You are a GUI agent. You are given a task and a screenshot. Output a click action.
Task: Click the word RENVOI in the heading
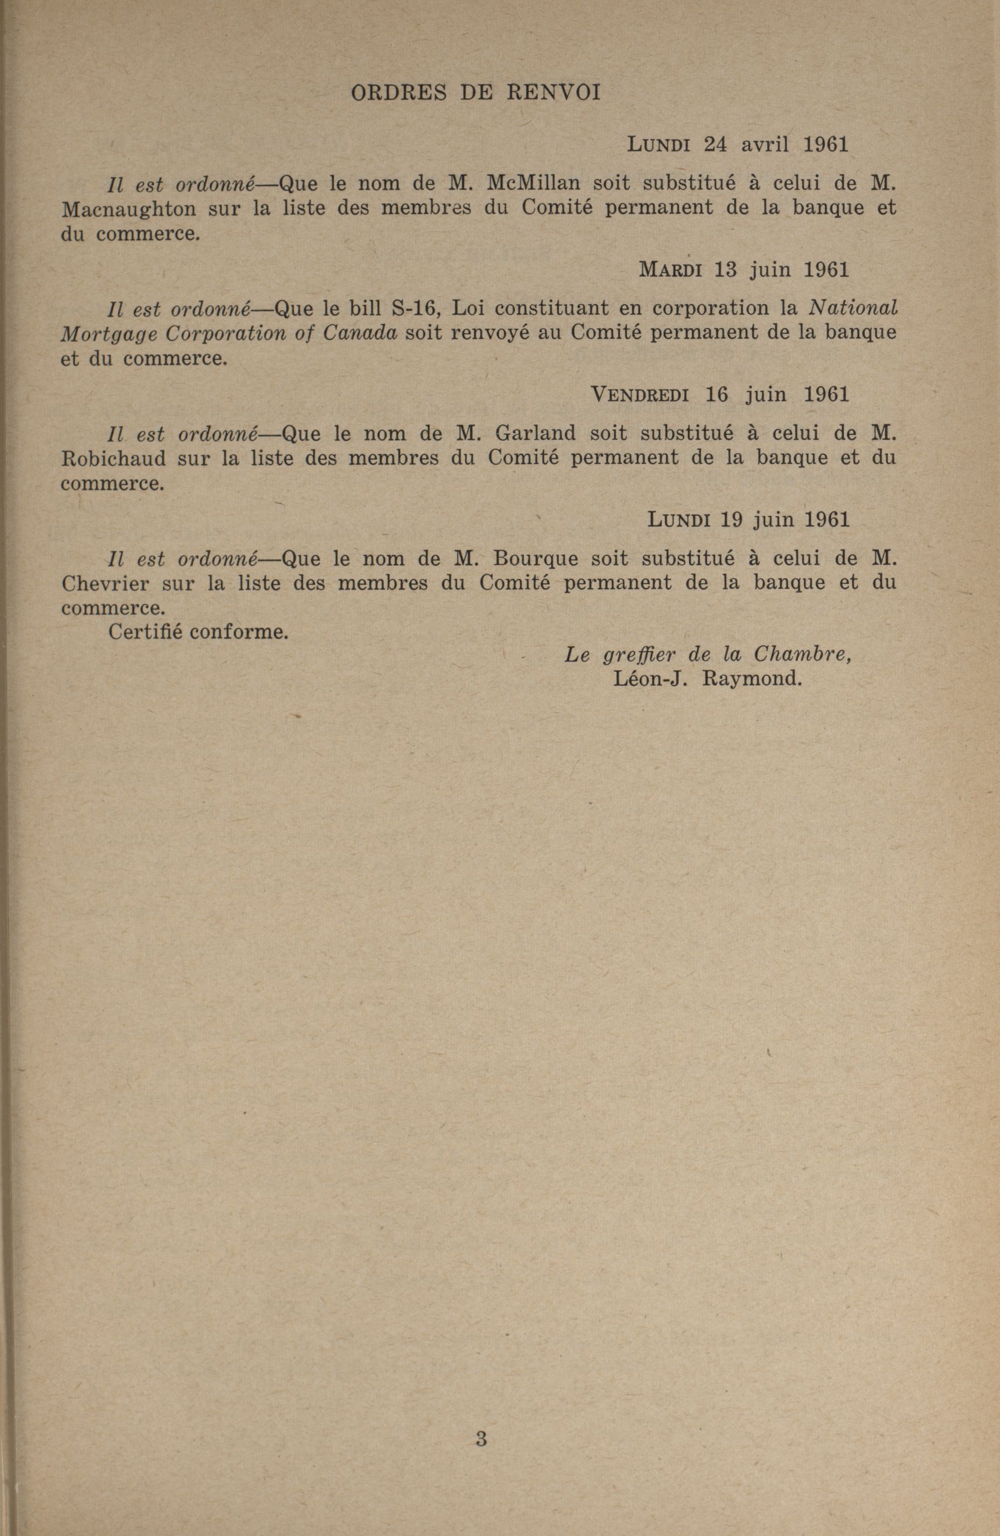553,93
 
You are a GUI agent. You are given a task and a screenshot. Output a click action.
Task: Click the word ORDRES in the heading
398,93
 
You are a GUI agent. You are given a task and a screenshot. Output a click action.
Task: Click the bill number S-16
411,308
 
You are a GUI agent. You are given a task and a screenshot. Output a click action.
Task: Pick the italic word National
853,308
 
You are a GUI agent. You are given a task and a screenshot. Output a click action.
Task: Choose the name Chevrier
106,583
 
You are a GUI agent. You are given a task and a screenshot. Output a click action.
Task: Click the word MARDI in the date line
670,270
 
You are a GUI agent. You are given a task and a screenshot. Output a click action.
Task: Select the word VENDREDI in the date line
639,394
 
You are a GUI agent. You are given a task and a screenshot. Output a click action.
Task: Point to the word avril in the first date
765,145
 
